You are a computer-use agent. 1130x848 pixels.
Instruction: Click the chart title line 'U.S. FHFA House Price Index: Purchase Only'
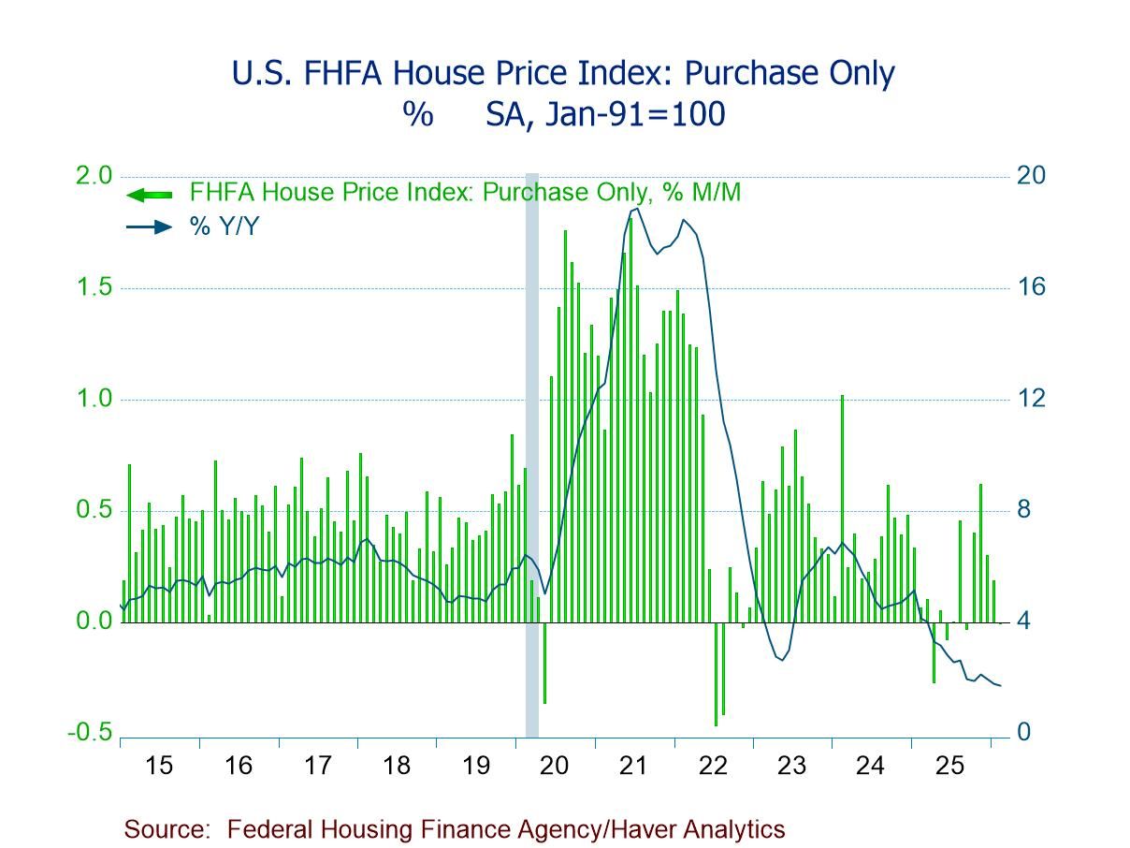tap(564, 73)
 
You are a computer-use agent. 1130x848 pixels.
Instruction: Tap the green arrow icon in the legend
tap(149, 195)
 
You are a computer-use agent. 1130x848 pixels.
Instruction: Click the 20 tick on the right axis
tap(1032, 176)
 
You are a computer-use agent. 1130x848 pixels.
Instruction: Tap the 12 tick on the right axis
tap(1031, 399)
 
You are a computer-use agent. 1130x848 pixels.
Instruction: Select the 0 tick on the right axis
tap(1025, 732)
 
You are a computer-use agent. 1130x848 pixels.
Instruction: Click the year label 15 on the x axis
tap(159, 766)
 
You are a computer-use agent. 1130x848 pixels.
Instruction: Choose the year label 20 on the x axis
tap(555, 766)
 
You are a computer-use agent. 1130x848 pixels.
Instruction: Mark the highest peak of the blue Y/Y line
tap(635, 209)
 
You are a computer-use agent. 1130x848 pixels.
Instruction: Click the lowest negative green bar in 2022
tap(716, 673)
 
